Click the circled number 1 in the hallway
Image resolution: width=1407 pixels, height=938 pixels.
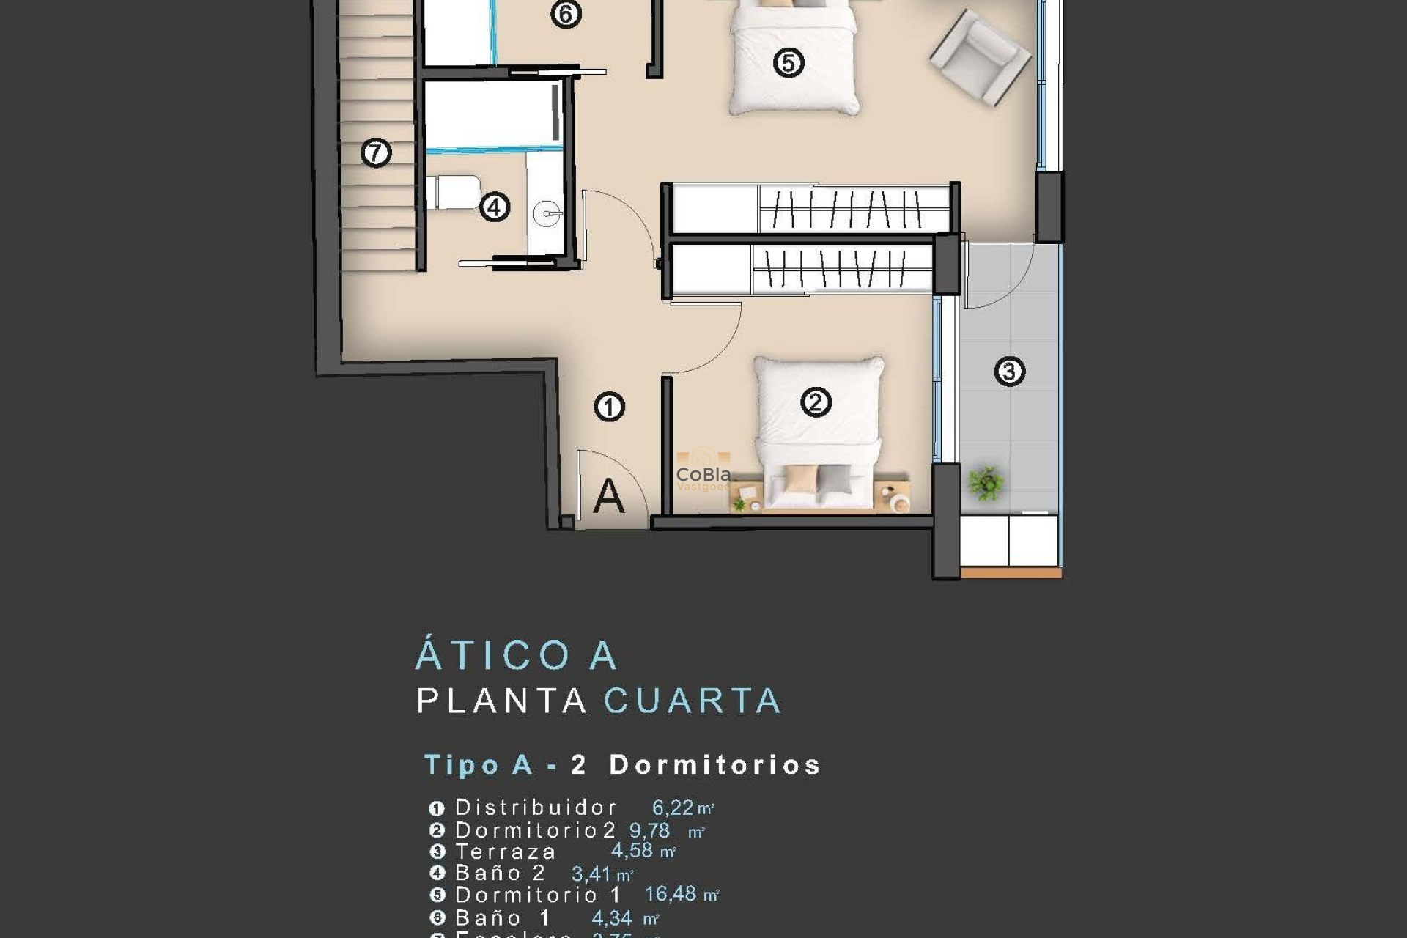click(609, 407)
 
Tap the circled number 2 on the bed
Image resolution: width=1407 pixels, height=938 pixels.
click(816, 402)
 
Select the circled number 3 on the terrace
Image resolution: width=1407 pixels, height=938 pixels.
click(1009, 372)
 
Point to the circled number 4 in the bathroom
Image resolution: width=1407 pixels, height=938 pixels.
click(494, 207)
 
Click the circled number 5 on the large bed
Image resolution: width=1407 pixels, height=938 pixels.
click(789, 62)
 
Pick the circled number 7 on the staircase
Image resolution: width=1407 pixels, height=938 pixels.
click(376, 153)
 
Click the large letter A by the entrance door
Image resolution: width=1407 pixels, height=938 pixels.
click(608, 497)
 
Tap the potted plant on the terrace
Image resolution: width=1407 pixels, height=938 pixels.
click(986, 484)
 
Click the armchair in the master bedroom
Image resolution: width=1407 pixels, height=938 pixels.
click(979, 57)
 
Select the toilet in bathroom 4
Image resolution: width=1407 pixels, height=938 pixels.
click(454, 192)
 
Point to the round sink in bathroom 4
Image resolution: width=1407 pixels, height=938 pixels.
click(547, 215)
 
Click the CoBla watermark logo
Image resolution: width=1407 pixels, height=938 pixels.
click(703, 475)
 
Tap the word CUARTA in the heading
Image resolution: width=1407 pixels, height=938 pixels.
click(693, 701)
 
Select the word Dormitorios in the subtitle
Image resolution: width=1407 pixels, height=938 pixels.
click(714, 765)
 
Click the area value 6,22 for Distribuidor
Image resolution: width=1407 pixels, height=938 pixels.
click(673, 808)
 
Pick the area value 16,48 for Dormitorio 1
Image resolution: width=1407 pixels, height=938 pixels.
click(670, 894)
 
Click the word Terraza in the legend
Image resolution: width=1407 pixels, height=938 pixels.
click(506, 852)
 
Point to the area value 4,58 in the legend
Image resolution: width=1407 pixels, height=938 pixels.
click(632, 851)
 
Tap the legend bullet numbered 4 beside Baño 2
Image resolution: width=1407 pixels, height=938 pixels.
click(437, 874)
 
